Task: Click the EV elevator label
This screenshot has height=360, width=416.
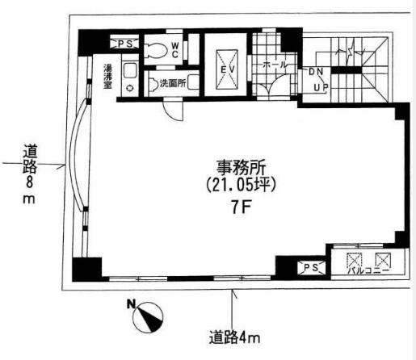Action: (x=228, y=69)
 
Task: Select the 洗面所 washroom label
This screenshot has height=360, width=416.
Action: (x=173, y=83)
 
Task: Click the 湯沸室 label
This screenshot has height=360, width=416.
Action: (x=108, y=77)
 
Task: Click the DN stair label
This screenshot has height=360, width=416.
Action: (x=316, y=72)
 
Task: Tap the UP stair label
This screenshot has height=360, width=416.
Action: (x=321, y=87)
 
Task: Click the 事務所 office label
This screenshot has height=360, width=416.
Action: (x=241, y=167)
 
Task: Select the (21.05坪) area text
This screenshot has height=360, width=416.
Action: (x=241, y=185)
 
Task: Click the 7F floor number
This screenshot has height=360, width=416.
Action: (x=241, y=207)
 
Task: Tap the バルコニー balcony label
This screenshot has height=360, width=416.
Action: (x=368, y=270)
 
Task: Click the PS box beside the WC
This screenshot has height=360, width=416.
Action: (x=125, y=44)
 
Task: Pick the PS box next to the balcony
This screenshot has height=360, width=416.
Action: (x=311, y=267)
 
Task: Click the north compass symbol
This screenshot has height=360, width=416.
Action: (x=148, y=317)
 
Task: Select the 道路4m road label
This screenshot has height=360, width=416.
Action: (x=234, y=337)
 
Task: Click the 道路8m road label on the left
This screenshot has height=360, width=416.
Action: (x=29, y=174)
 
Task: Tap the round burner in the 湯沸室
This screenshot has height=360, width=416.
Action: (x=130, y=88)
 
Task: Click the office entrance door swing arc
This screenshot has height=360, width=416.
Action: (x=173, y=111)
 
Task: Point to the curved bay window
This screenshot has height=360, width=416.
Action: (x=77, y=156)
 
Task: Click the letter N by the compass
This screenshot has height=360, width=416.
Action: (x=131, y=304)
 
